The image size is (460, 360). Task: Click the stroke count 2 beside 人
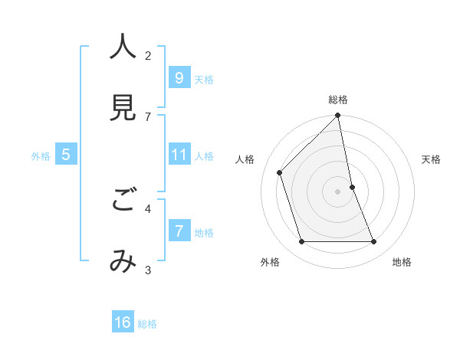(x=148, y=55)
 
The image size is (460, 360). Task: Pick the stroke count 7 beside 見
(x=148, y=116)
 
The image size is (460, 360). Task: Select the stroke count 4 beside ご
(x=148, y=208)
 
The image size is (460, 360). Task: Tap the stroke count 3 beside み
(x=148, y=270)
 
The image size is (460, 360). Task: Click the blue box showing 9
(x=179, y=77)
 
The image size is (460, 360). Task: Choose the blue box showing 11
(x=179, y=155)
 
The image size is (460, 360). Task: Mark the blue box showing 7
(x=179, y=231)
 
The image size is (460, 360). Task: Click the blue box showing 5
(x=66, y=155)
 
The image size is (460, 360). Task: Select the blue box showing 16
(x=123, y=322)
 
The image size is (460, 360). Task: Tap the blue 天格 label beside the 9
(x=204, y=80)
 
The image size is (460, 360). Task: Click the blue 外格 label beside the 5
(x=41, y=156)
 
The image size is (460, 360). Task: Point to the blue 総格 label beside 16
(x=147, y=325)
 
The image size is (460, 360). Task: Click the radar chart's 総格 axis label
(x=338, y=100)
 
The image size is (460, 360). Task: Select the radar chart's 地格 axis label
(x=402, y=263)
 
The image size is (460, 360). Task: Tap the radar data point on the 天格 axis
(x=352, y=186)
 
